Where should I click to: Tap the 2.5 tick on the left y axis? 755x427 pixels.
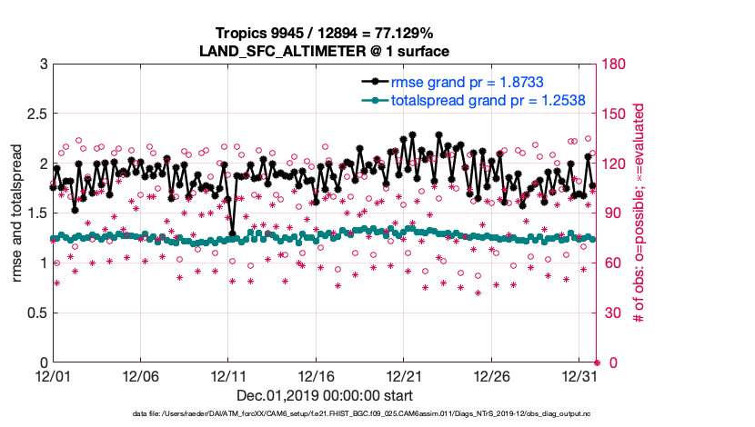tap(35, 114)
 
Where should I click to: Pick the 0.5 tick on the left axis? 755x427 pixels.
tap(35, 313)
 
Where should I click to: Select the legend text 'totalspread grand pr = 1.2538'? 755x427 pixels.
tap(475, 100)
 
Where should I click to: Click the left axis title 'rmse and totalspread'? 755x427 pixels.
tap(17, 213)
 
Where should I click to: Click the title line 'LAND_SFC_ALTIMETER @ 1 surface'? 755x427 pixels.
tap(325, 52)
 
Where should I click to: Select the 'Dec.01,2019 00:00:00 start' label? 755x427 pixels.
tap(325, 395)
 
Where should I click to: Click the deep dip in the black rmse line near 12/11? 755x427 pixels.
tap(233, 233)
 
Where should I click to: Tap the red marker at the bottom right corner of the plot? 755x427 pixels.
tap(597, 362)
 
